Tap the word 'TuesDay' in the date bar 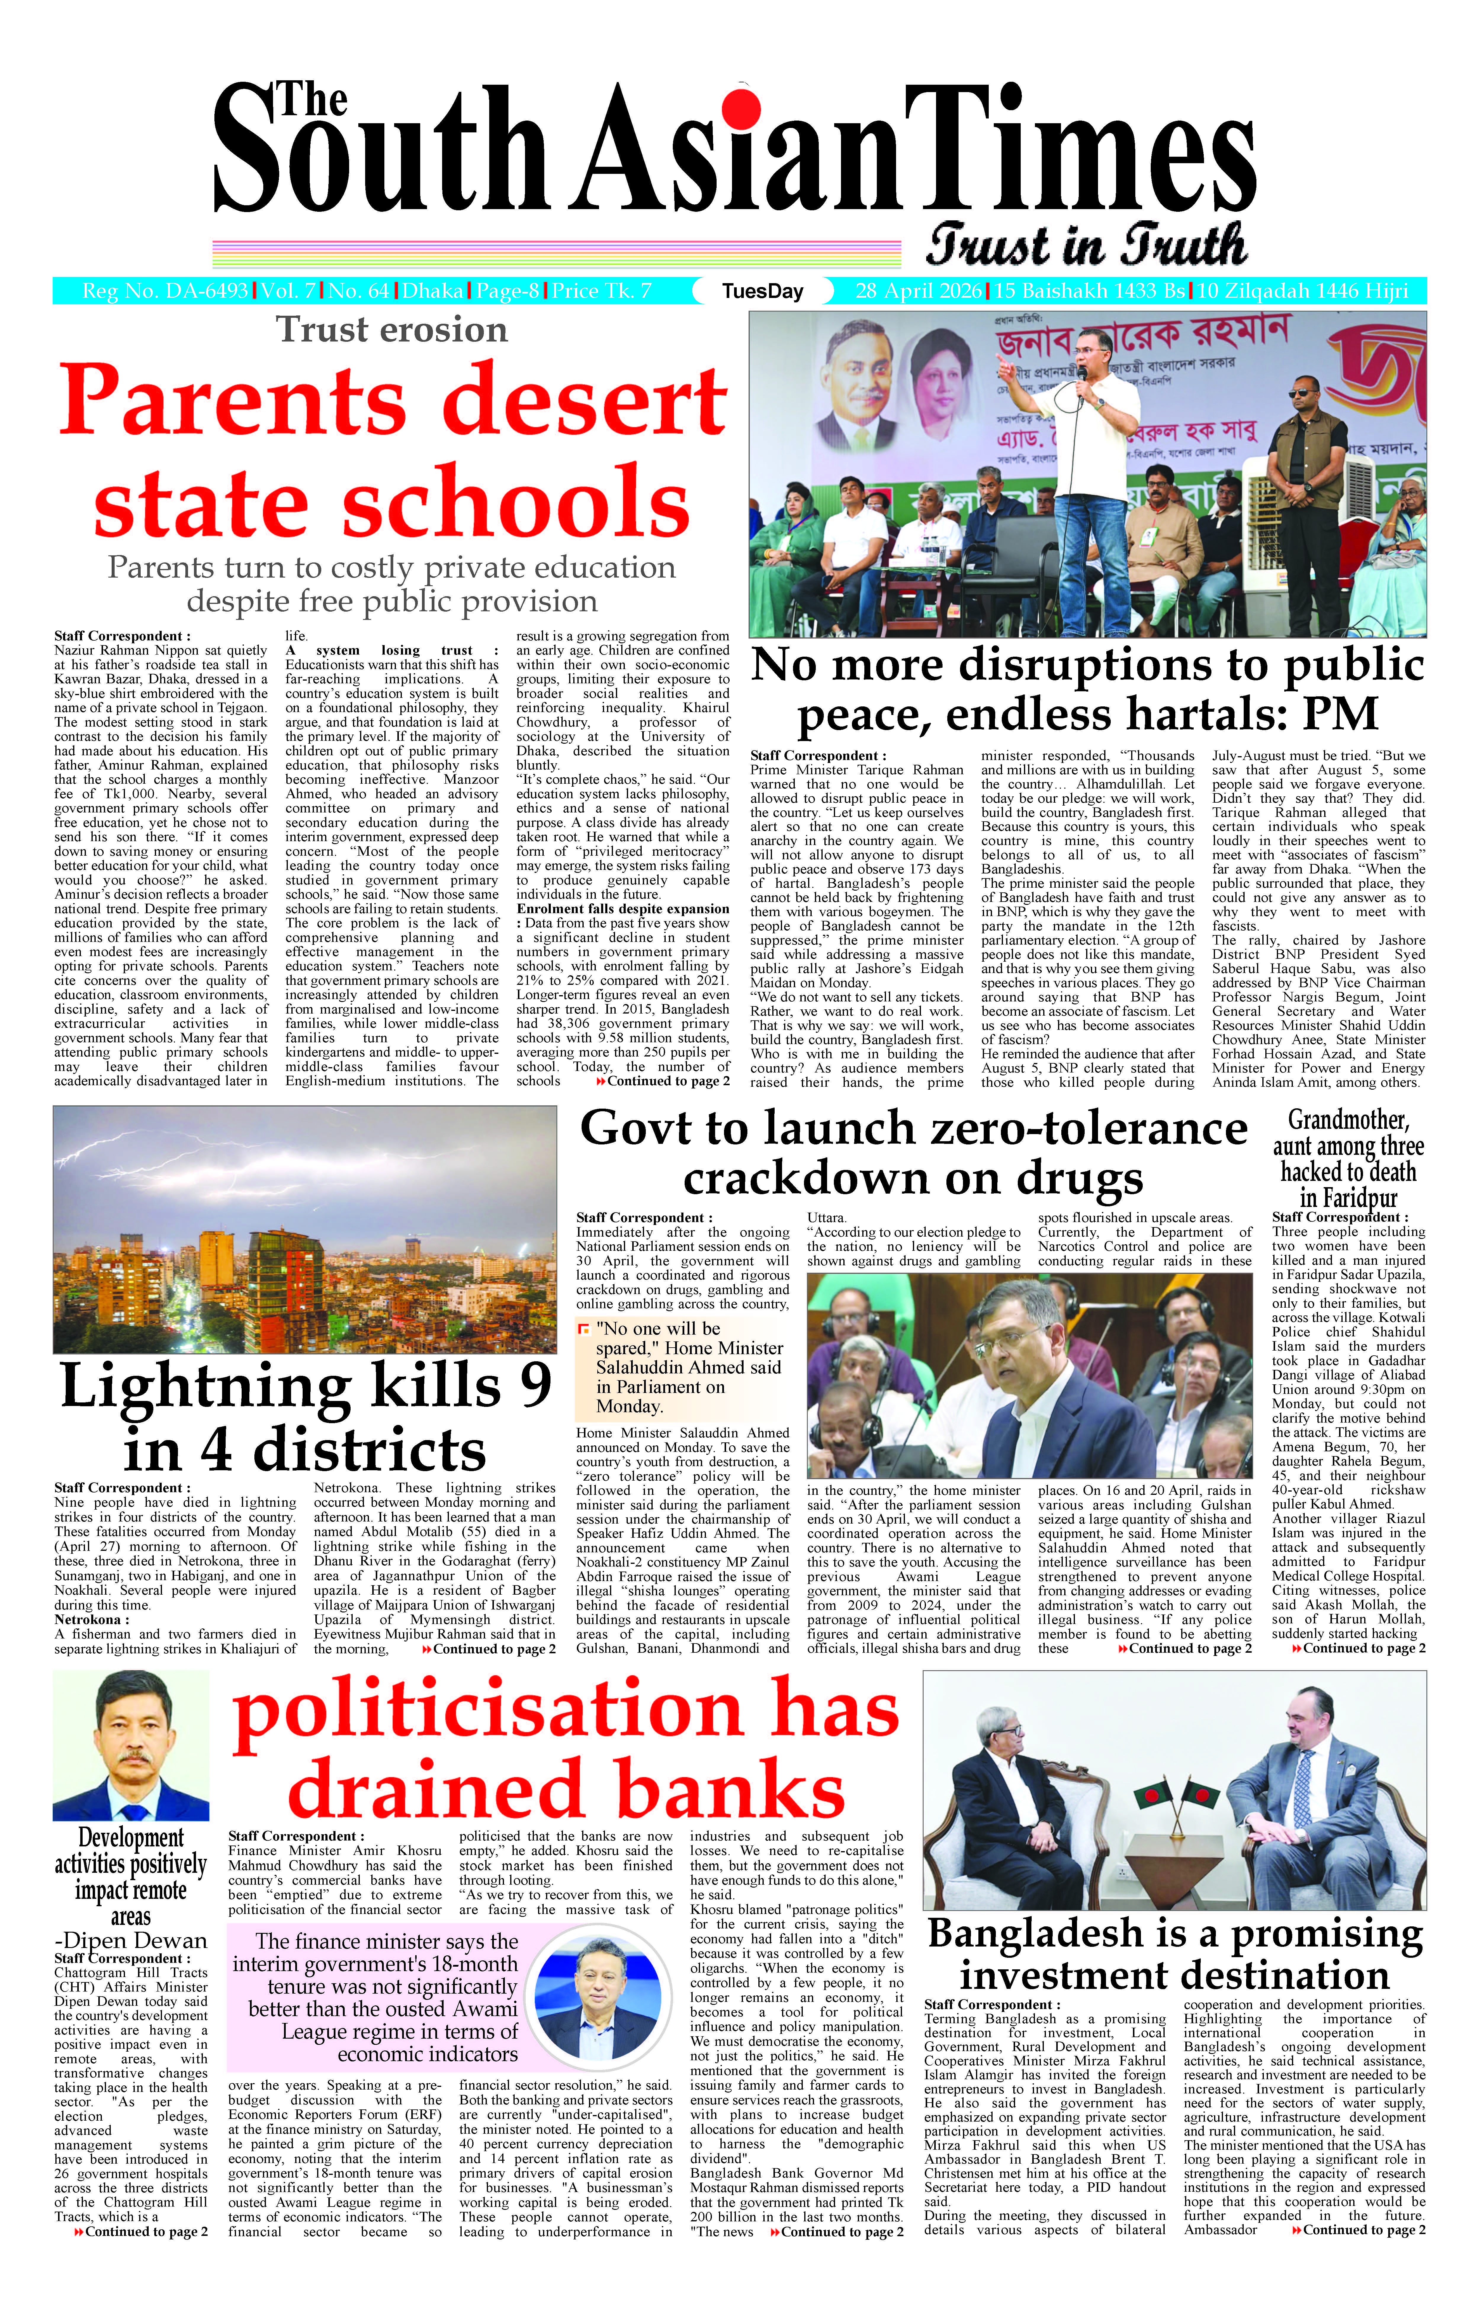pos(762,291)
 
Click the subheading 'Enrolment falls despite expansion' pos(622,908)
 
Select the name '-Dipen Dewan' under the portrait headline pos(131,1940)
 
